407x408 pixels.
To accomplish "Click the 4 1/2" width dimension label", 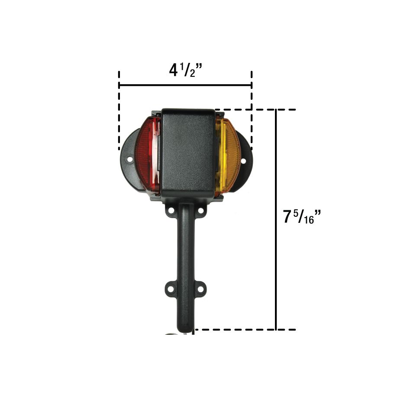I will coord(186,69).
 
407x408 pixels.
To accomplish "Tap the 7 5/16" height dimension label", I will coord(302,216).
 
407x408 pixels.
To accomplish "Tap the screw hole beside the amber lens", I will coord(243,161).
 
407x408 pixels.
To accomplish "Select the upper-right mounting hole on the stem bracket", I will coord(200,211).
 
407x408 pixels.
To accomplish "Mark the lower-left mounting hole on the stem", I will coord(169,287).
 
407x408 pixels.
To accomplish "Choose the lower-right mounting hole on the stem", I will coord(201,287).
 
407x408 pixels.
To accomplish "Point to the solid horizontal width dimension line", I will coord(185,85).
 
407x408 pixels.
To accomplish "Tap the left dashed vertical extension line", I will coord(119,113).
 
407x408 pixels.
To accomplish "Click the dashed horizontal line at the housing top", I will coord(255,110).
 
